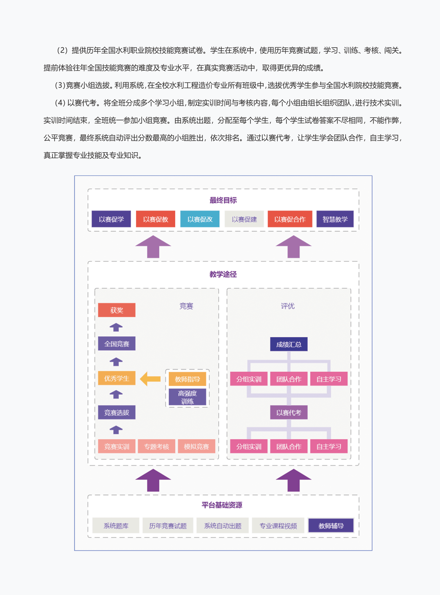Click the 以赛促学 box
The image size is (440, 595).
tap(111, 219)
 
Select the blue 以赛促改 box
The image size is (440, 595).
tap(200, 219)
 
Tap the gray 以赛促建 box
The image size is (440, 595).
tap(244, 219)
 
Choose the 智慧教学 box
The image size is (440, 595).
tap(335, 219)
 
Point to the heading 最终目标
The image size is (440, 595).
tap(223, 200)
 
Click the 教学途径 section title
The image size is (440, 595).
tap(223, 274)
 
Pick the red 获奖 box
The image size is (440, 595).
tap(116, 310)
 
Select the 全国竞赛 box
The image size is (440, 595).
tap(116, 344)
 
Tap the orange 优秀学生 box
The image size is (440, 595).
tap(116, 378)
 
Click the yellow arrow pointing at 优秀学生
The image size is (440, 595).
tap(150, 379)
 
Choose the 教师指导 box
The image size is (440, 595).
tap(187, 379)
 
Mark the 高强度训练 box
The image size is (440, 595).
tap(187, 397)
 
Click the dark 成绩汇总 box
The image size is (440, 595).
tap(289, 344)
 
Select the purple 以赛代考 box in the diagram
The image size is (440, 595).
tap(289, 413)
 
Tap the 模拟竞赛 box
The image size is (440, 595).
tap(197, 447)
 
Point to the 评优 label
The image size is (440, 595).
tap(288, 306)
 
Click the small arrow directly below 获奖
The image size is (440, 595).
tap(116, 327)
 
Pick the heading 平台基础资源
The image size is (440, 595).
tap(222, 505)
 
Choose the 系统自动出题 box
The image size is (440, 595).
tap(223, 526)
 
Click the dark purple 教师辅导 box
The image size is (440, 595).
tap(331, 526)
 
